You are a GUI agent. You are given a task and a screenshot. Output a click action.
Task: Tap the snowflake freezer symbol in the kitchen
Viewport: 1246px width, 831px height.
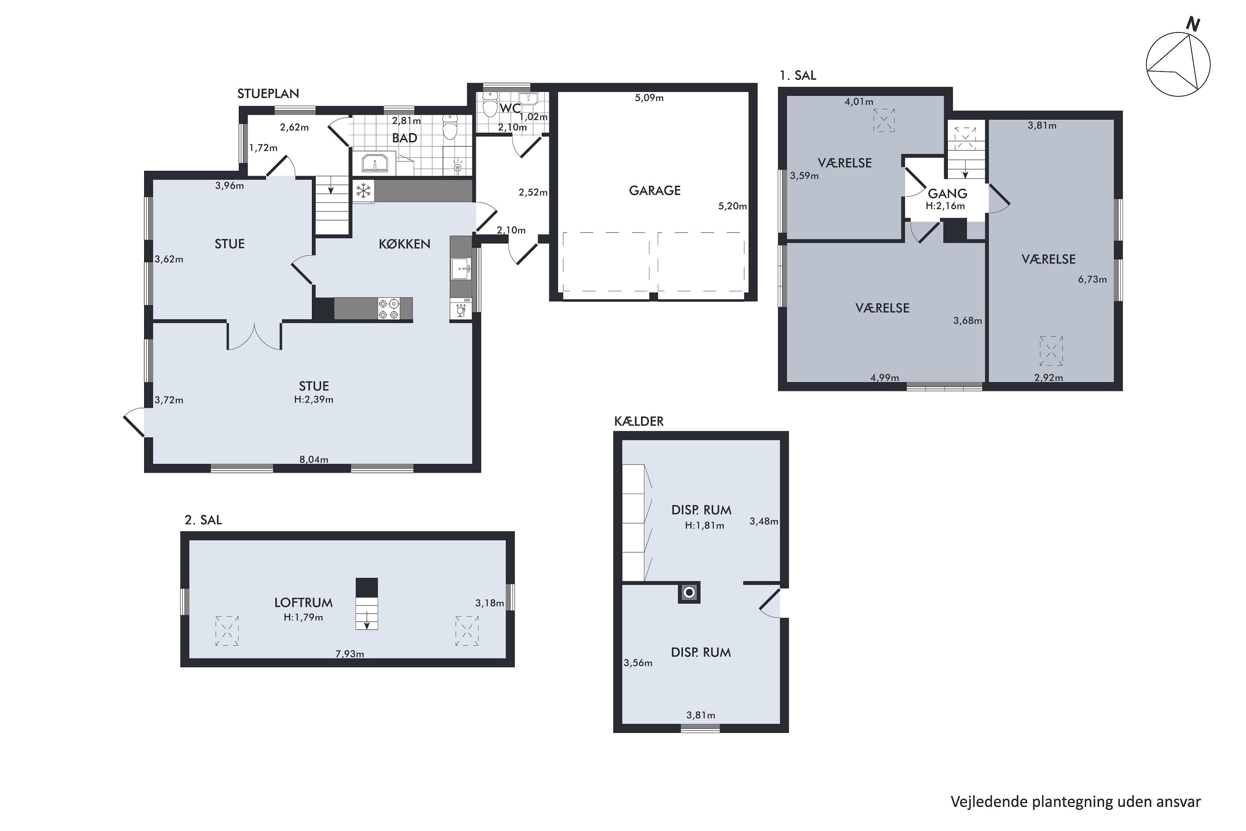(x=363, y=191)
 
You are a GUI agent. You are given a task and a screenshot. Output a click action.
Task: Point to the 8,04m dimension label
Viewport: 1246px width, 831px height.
(x=314, y=460)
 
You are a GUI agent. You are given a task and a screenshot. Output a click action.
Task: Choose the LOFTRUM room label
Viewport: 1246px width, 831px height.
(x=304, y=602)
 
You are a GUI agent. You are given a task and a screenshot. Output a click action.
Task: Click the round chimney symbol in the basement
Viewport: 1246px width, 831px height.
(x=689, y=593)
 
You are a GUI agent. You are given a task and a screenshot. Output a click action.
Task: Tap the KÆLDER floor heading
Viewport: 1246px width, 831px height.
(x=639, y=421)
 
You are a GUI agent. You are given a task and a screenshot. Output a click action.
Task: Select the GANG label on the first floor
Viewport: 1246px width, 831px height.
(x=947, y=194)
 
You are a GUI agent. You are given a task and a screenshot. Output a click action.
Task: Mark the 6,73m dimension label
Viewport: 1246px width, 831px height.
(x=1092, y=279)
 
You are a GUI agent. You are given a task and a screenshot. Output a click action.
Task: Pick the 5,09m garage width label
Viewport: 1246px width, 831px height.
(x=649, y=98)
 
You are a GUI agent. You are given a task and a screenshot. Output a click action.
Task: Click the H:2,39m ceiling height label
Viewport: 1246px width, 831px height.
(x=314, y=400)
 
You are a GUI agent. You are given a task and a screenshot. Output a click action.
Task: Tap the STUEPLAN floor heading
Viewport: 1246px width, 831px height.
(x=268, y=94)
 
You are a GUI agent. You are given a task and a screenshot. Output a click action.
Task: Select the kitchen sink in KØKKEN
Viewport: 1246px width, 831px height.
(x=460, y=269)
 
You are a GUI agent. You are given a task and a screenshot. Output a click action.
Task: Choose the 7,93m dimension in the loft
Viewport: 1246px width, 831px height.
(x=350, y=654)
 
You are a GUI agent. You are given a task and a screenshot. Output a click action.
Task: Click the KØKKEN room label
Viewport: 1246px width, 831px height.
(x=404, y=244)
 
